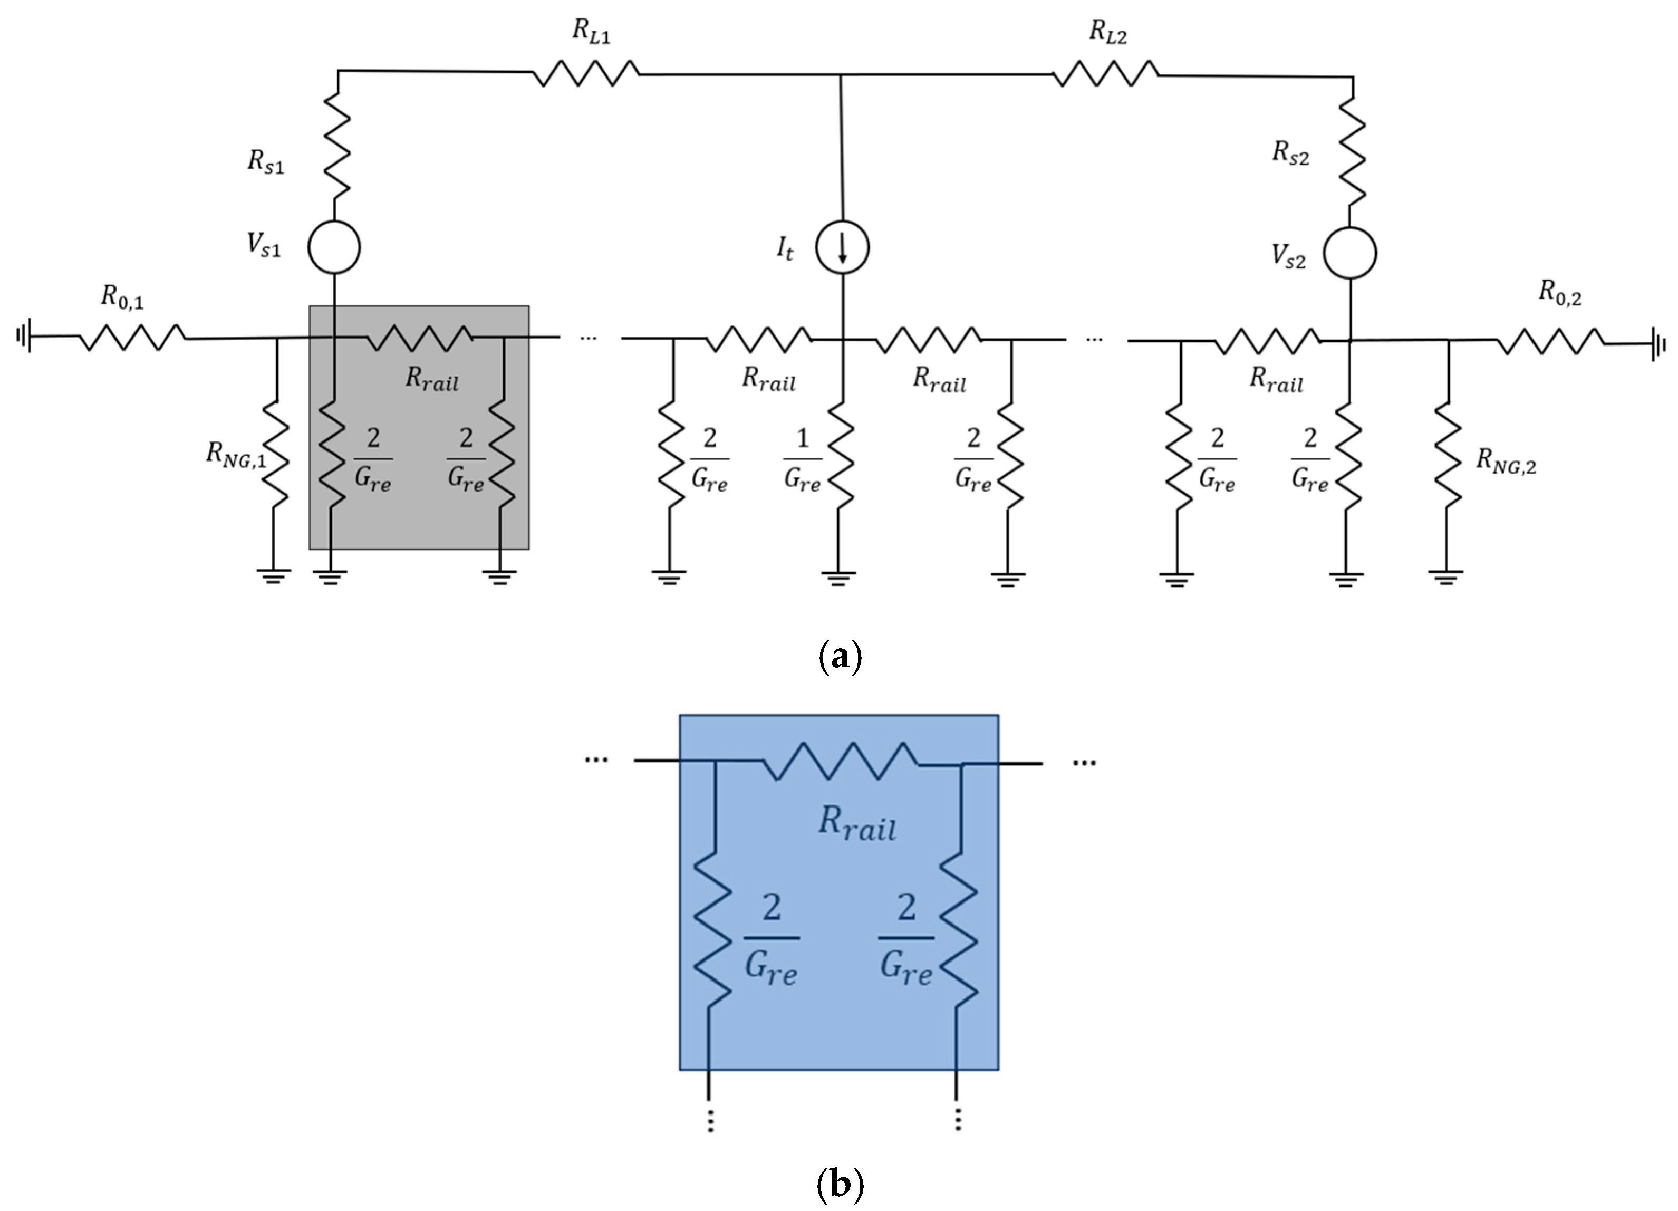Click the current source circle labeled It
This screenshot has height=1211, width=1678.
coord(842,248)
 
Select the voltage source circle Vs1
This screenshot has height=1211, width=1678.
coord(334,247)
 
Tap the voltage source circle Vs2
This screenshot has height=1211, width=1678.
coord(1349,254)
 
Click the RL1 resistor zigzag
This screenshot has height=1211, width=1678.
coord(586,73)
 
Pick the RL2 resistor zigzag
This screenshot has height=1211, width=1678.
coord(1105,74)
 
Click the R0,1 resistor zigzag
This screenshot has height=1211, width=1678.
coord(132,338)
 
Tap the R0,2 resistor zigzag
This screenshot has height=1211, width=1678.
coord(1550,342)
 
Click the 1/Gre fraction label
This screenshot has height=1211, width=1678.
coord(802,460)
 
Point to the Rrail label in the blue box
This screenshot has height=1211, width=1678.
coord(857,823)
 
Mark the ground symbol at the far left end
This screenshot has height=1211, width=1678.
coord(24,336)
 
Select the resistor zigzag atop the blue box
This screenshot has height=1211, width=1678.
coord(840,762)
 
